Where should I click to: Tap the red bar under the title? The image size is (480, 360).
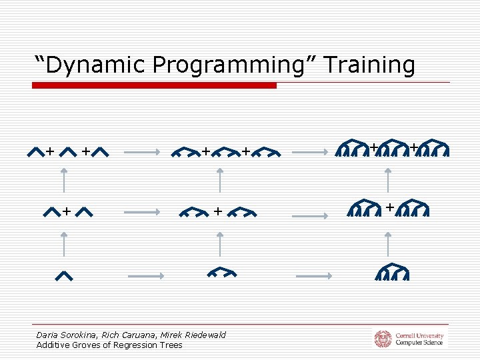(x=154, y=85)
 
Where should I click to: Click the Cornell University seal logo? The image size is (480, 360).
(x=383, y=339)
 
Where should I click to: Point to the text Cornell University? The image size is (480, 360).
(x=419, y=335)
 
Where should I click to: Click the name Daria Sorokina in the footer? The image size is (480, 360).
(x=66, y=335)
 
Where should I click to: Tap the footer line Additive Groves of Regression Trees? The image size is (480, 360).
(x=109, y=345)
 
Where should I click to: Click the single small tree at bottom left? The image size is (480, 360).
(x=64, y=275)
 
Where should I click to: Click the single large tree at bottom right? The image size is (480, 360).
(x=391, y=273)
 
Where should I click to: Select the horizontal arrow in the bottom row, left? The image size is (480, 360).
(x=145, y=275)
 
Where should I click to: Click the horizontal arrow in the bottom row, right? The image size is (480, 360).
(x=313, y=275)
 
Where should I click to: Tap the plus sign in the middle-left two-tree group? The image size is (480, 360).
(x=67, y=211)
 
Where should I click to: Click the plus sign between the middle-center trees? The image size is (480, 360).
(x=218, y=211)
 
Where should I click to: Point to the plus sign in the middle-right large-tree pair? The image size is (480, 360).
(x=389, y=207)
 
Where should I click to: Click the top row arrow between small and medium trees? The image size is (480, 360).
(x=142, y=153)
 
